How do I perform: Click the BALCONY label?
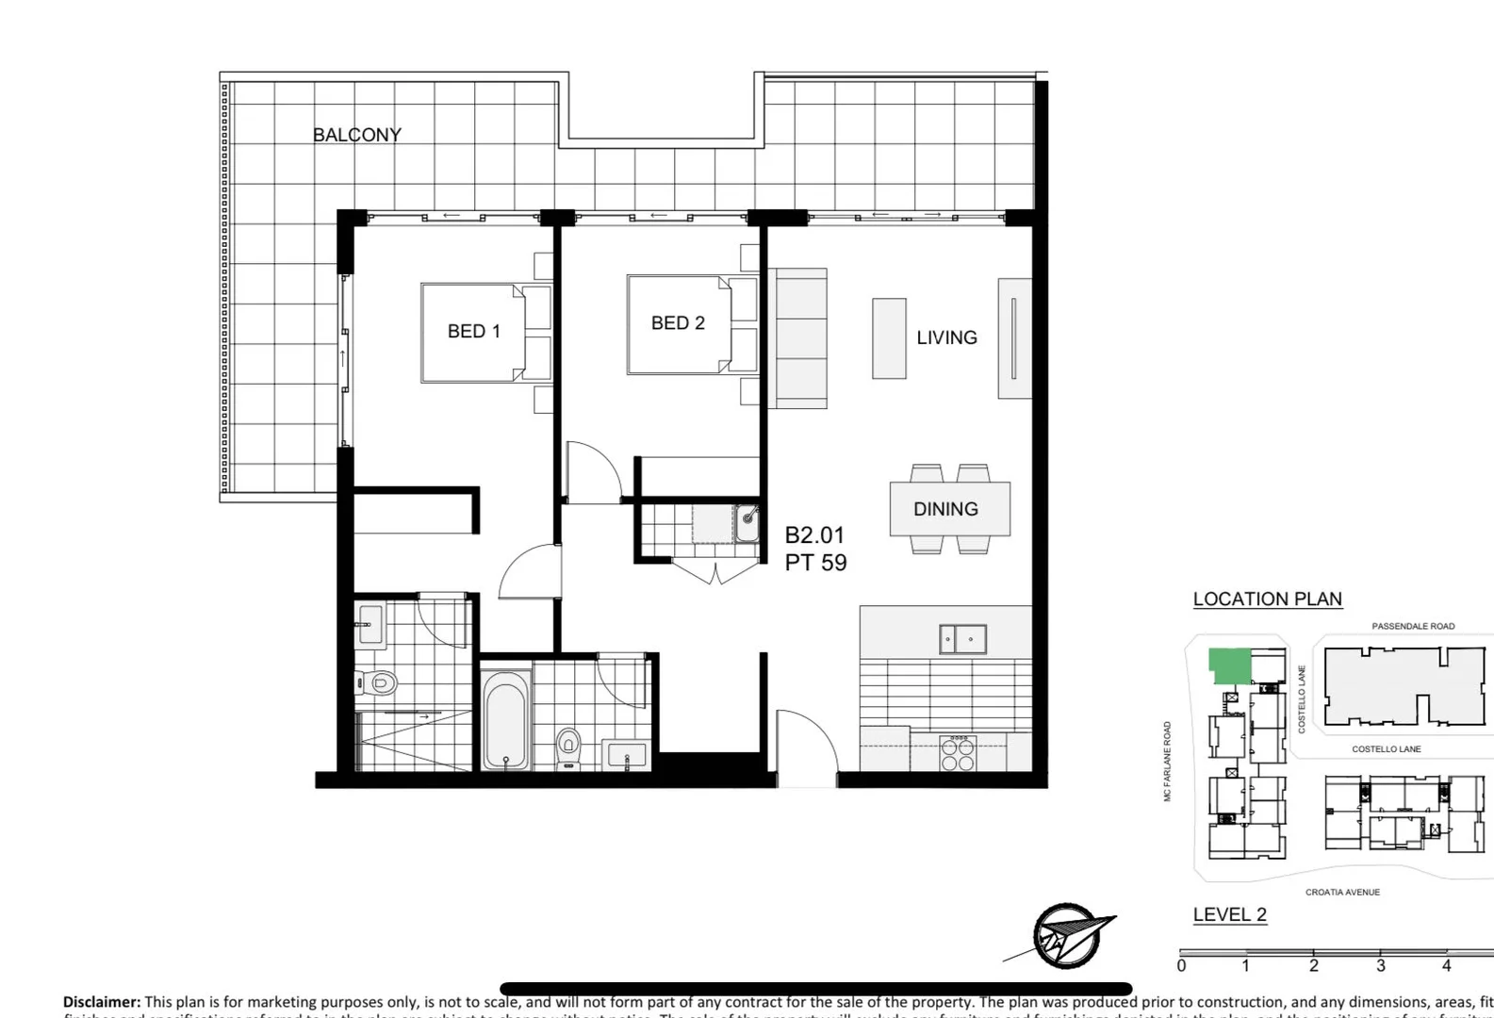coord(357,135)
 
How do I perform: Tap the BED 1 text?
coord(473,331)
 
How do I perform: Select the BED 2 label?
coord(678,322)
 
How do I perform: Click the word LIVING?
coord(946,337)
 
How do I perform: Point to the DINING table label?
coord(945,509)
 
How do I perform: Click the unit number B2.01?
coord(814,535)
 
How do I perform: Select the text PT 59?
coord(815,563)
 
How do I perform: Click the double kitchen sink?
coord(962,639)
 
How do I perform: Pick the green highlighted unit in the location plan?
coord(1228,665)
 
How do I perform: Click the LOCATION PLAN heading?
coord(1267,599)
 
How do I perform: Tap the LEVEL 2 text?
coord(1229,914)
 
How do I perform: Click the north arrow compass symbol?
coord(1065,936)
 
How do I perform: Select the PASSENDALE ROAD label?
coord(1412,626)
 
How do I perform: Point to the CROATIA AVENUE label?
coord(1342,892)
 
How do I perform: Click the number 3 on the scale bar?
coord(1381,965)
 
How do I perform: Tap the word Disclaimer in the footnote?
coord(102,1002)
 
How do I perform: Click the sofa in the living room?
coord(798,338)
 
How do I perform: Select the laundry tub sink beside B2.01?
coord(747,523)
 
